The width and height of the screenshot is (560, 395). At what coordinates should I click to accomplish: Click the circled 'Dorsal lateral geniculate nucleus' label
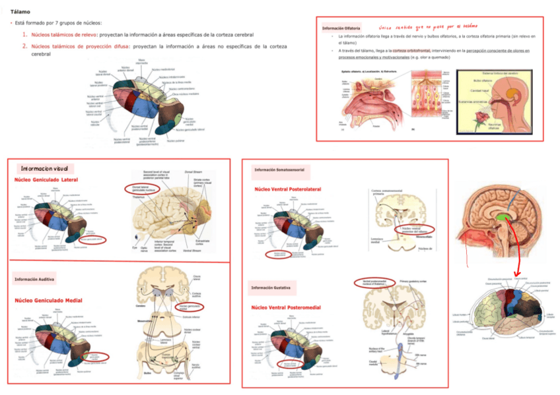pyautogui.click(x=141, y=189)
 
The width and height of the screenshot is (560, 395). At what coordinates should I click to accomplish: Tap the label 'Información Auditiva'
pyautogui.click(x=35, y=280)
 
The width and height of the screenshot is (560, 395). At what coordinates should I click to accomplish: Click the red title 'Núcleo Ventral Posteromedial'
pyautogui.click(x=285, y=307)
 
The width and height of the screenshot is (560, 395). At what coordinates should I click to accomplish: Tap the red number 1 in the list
pyautogui.click(x=24, y=34)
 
